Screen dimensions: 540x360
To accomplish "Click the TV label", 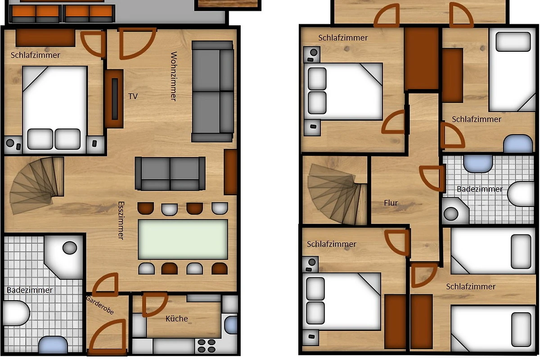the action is [133, 96].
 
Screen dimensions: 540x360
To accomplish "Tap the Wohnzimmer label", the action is [174, 76].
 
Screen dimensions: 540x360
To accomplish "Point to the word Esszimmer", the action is [121, 220].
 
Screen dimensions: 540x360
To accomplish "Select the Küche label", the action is [177, 319].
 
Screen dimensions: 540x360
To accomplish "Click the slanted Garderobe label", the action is [99, 305].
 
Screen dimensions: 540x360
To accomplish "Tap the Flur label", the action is [391, 203].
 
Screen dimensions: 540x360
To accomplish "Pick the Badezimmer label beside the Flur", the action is [480, 189].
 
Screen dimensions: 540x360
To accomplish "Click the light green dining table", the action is [183, 239].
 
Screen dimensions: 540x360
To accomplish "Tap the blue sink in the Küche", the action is [231, 325].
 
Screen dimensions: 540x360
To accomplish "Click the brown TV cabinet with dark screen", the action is [114, 99].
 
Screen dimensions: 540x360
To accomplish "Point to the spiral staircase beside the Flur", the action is [337, 193].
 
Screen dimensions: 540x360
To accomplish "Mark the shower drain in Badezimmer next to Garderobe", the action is [70, 247].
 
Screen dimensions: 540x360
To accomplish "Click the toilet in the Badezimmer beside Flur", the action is [521, 193].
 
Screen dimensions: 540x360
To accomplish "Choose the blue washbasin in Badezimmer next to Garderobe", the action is [53, 344].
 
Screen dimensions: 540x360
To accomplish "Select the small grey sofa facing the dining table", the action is [170, 173].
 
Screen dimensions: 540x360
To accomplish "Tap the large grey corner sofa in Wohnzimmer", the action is [212, 91].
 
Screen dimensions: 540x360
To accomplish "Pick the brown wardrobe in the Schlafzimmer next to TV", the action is [45, 38].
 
